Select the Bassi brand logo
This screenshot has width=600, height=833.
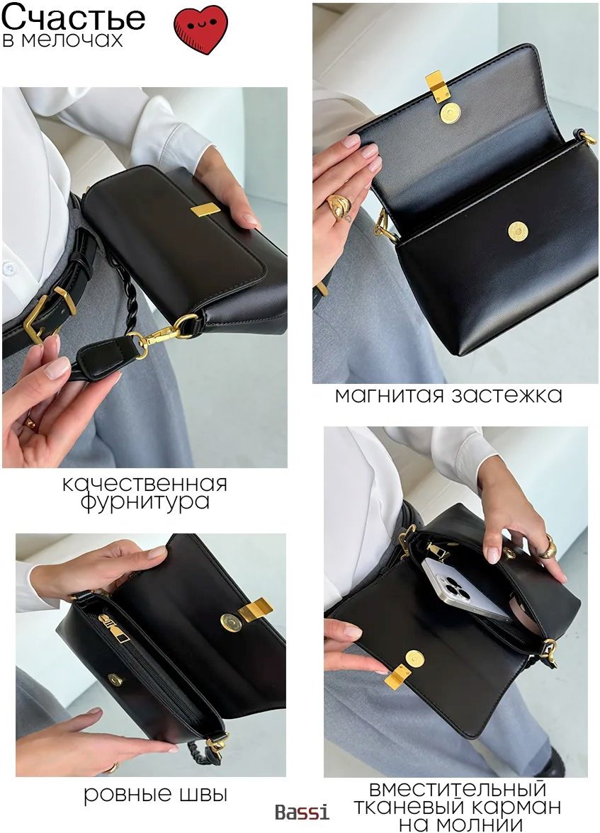302,812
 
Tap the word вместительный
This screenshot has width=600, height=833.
457,789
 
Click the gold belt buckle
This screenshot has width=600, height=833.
48,313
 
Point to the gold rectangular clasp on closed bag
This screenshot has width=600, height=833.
205,210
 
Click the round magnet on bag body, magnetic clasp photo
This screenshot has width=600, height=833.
518,232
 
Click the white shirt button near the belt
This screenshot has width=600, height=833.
9,269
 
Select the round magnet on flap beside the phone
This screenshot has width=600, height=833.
414,659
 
